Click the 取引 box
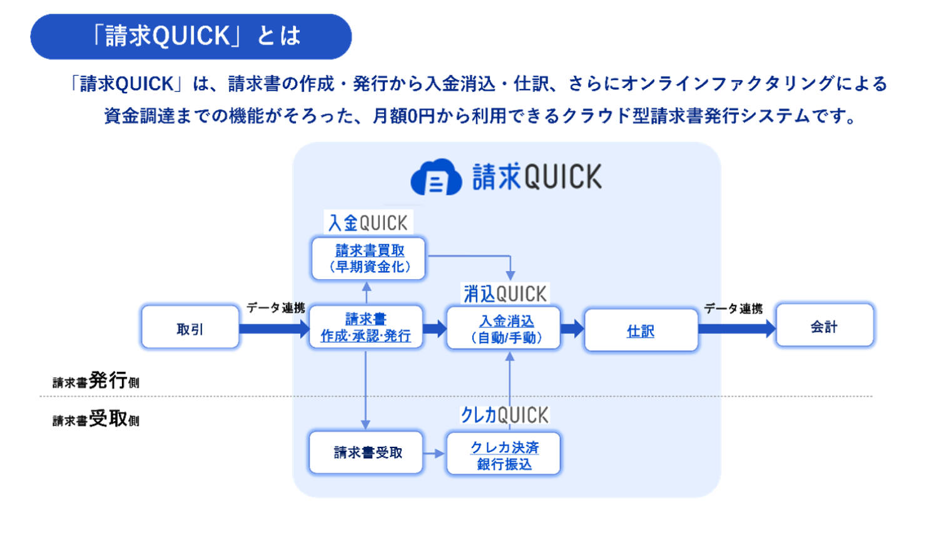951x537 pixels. [x=190, y=326]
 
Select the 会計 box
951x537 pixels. [x=825, y=325]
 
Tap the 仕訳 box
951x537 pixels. [x=641, y=330]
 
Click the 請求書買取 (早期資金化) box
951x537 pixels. [x=369, y=258]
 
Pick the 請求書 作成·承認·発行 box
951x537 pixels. [x=366, y=327]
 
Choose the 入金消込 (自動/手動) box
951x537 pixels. [x=504, y=328]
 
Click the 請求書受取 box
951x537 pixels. [x=366, y=452]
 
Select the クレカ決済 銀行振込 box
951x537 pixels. [x=504, y=454]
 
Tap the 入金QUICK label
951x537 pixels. [x=368, y=222]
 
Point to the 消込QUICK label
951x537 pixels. [x=505, y=293]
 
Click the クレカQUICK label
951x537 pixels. [x=504, y=414]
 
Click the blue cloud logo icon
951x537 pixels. [x=436, y=177]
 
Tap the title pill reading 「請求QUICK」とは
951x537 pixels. [x=191, y=36]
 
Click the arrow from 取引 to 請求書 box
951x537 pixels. [x=276, y=328]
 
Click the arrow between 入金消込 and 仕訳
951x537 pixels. [x=572, y=328]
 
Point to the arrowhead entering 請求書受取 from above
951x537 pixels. [x=366, y=424]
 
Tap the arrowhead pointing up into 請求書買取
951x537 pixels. [x=367, y=287]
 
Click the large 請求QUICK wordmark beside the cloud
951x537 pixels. [x=537, y=176]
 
